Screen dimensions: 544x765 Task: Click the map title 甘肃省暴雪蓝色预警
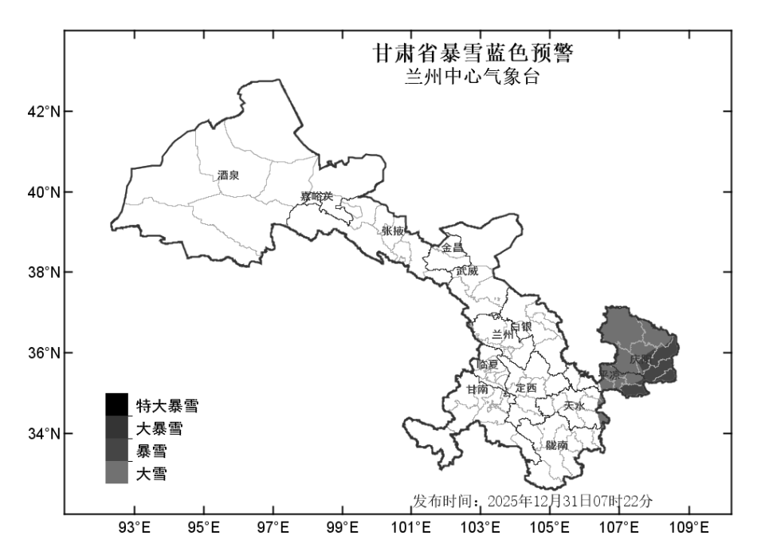pos(473,54)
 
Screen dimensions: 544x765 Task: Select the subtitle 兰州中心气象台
pos(473,78)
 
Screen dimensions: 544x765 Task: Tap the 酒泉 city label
pos(228,175)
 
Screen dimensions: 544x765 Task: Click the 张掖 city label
pos(394,230)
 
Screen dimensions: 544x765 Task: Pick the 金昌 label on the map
pos(452,248)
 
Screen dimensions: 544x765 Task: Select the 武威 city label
pos(467,270)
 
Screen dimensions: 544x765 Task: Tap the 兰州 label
pos(503,335)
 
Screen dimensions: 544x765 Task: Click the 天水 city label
pos(574,406)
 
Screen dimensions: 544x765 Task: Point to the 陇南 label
pos(557,445)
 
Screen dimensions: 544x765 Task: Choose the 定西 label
pos(527,388)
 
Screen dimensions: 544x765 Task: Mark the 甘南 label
pos(478,388)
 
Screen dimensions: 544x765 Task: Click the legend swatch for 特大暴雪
pos(116,404)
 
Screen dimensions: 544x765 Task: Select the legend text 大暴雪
pos(159,429)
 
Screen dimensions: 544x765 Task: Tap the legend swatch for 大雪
pos(116,473)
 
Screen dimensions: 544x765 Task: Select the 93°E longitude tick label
pos(135,527)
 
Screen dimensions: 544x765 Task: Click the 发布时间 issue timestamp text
pos(532,501)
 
